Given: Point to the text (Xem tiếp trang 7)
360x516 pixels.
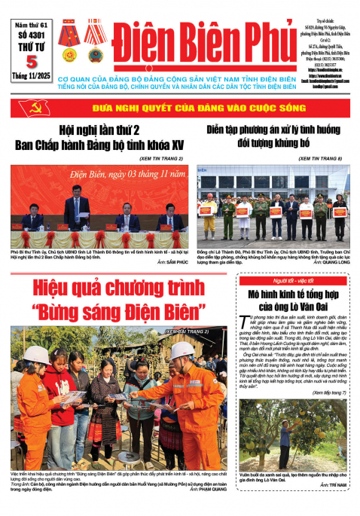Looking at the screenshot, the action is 326,392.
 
